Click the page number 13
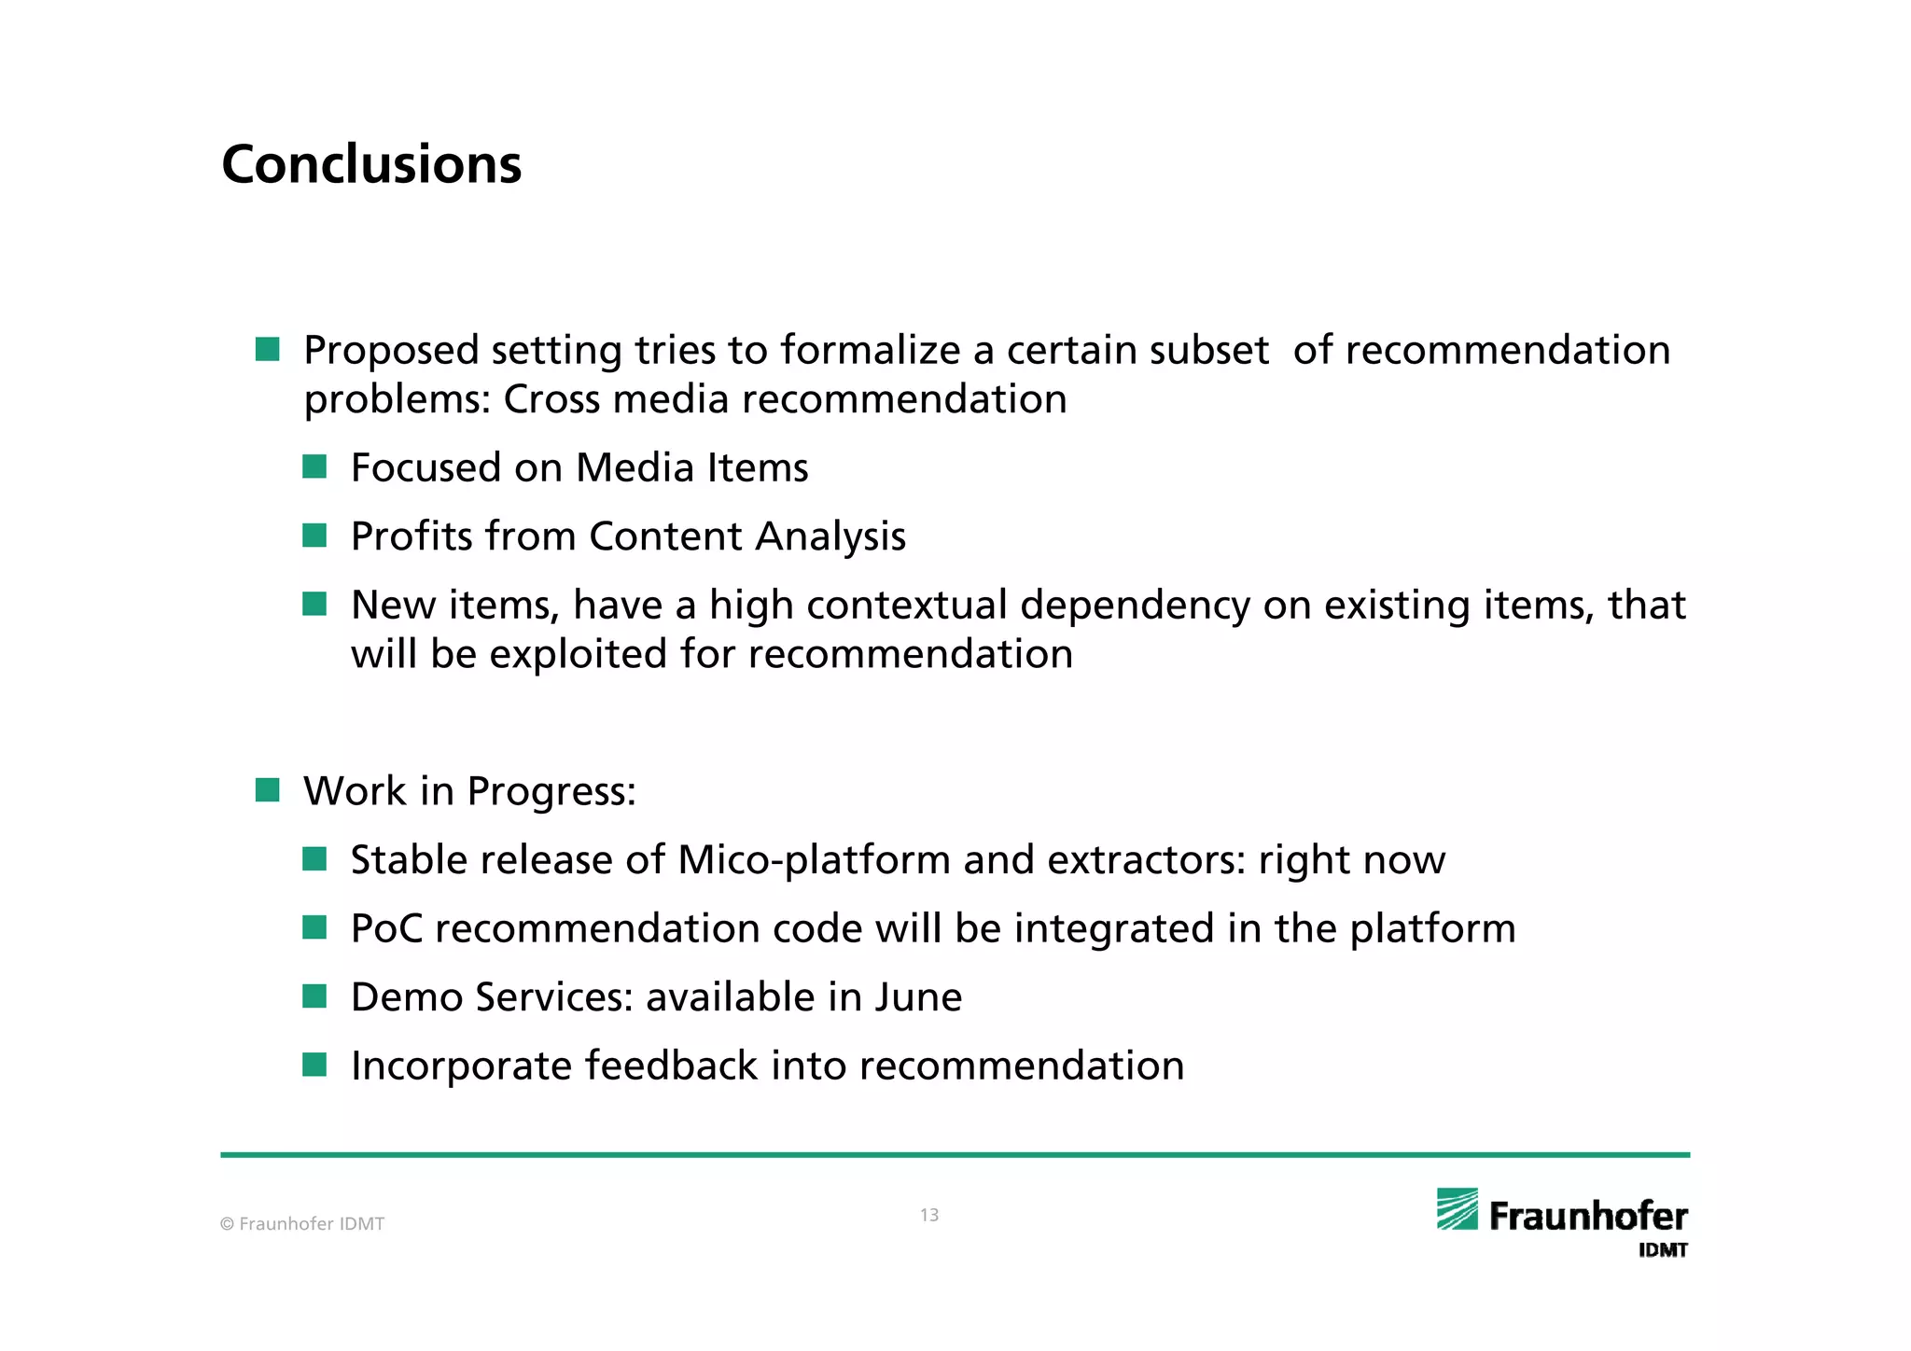point(929,1215)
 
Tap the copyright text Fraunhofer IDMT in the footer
point(302,1224)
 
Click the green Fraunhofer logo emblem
point(1457,1209)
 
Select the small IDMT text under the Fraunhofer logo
point(1663,1250)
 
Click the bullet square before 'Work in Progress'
point(268,791)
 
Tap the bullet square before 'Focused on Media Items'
point(314,467)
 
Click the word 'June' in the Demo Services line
point(918,996)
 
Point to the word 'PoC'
point(386,928)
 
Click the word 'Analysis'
point(830,537)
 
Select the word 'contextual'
point(907,605)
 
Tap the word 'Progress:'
point(551,792)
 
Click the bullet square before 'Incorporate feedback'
point(314,1065)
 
